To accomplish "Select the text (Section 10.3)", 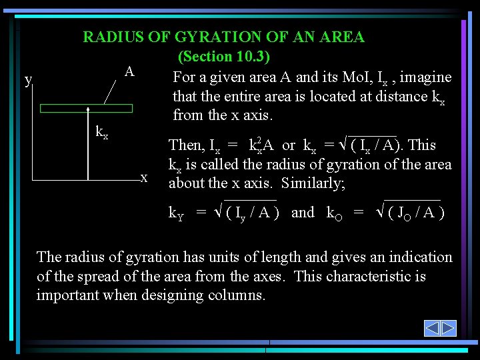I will [x=223, y=57].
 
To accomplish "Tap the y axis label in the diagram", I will [x=27, y=81].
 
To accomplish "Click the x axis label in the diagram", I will [x=144, y=177].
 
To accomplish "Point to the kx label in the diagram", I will [x=101, y=132].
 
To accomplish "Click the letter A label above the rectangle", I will [x=129, y=71].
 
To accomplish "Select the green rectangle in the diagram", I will [x=86, y=108].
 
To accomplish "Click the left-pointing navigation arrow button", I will [x=432, y=328].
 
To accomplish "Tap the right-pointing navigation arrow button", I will [x=448, y=328].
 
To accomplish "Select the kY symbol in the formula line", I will [x=176, y=213].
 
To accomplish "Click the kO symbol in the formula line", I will [x=334, y=213].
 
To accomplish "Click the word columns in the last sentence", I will [x=236, y=295].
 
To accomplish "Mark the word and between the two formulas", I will [x=303, y=213].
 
